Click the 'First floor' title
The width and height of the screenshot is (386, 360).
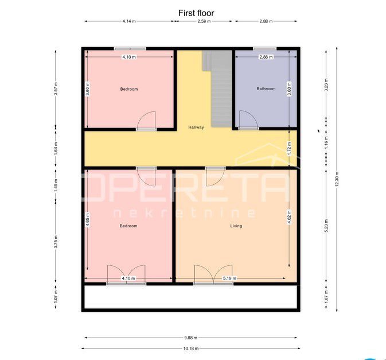click(x=196, y=13)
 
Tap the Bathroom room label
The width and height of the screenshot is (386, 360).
click(x=266, y=88)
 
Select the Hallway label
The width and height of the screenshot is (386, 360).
click(x=196, y=127)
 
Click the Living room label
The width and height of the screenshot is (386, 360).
click(x=236, y=226)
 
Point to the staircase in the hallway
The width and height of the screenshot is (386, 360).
click(x=217, y=88)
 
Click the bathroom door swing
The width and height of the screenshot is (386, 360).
click(x=249, y=120)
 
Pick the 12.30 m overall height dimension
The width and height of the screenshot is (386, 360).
click(x=337, y=179)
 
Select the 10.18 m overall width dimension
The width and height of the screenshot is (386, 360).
click(x=191, y=349)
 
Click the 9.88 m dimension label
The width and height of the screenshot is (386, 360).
click(x=191, y=338)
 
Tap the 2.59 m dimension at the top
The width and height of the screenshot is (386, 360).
click(x=204, y=21)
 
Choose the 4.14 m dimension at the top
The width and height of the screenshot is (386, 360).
click(x=129, y=21)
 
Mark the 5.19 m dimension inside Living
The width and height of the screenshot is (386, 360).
click(x=229, y=278)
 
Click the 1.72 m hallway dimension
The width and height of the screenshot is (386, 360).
click(x=289, y=149)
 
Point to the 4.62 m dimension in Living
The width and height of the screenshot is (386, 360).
click(x=289, y=217)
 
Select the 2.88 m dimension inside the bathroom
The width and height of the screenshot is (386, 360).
click(x=266, y=57)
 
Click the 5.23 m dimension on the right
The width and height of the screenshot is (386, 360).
click(x=326, y=226)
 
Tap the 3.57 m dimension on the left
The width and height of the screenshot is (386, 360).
click(x=56, y=88)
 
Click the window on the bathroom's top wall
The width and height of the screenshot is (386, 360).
click(x=265, y=49)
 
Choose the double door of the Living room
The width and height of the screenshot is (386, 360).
click(x=213, y=275)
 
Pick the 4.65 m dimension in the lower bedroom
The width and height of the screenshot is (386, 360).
click(x=88, y=220)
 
